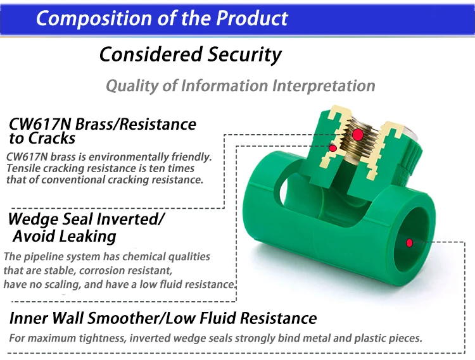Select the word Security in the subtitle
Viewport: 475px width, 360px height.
(244, 54)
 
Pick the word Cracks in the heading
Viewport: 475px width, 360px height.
(51, 139)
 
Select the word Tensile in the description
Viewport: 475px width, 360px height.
(23, 168)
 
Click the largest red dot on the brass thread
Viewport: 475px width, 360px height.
(358, 134)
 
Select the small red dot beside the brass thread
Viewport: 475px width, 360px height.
(332, 148)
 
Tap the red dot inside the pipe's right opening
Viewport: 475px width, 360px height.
(410, 242)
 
